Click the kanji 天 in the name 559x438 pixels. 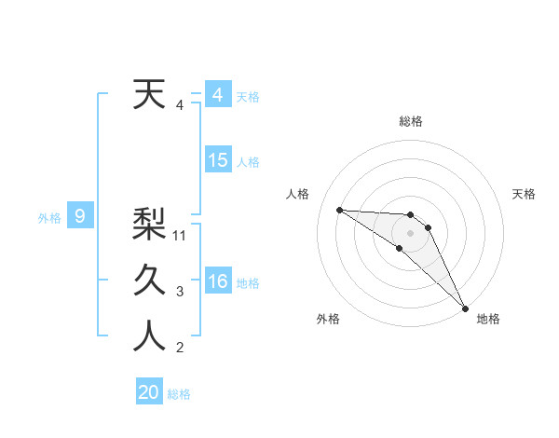tap(149, 95)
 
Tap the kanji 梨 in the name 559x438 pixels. tap(149, 224)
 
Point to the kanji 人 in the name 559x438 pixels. tap(149, 336)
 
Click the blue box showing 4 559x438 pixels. tap(217, 95)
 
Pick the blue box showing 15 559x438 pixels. tap(217, 160)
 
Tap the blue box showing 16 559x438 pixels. tap(217, 281)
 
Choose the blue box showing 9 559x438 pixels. tap(80, 217)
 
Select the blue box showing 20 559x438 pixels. tap(149, 392)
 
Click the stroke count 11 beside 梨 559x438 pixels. tap(181, 236)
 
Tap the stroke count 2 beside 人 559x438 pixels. tap(180, 349)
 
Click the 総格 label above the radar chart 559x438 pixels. tap(411, 121)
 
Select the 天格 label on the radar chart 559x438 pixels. tap(524, 194)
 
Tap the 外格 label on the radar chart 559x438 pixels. tap(328, 319)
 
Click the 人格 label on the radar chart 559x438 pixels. tap(298, 194)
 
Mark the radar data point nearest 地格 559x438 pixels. tap(465, 307)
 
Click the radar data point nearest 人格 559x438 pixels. tap(339, 210)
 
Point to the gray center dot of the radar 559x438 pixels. tap(411, 232)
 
